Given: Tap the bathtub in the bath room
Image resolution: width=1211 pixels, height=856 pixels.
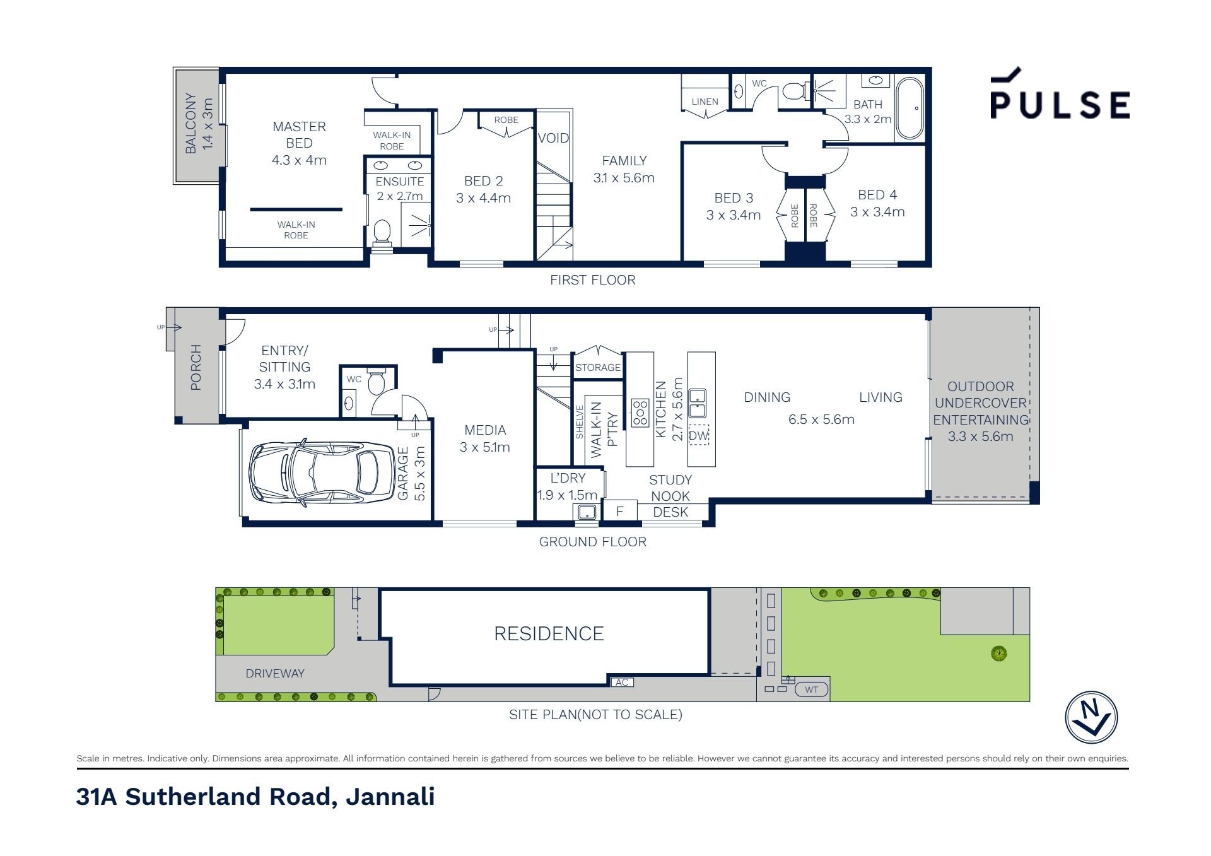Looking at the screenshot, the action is click(910, 108).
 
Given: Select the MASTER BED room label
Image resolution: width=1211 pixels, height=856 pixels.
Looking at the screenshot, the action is click(299, 135).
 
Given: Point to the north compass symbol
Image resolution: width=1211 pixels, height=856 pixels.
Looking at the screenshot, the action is click(1091, 717).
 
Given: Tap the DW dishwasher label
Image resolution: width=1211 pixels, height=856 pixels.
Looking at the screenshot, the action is click(698, 435).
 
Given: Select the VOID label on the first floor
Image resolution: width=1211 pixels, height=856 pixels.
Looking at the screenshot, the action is click(553, 138).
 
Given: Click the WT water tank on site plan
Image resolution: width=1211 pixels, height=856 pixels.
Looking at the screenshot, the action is click(812, 689).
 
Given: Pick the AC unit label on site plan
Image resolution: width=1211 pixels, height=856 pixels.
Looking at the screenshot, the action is click(622, 682).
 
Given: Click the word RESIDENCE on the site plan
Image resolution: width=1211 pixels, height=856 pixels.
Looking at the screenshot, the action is click(549, 633).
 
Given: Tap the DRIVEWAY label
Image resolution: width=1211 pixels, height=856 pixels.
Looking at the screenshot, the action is click(275, 673).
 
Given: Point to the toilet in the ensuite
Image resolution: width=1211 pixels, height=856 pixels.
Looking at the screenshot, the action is click(382, 233).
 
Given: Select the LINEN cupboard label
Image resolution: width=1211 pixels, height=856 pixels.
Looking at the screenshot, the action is click(705, 102).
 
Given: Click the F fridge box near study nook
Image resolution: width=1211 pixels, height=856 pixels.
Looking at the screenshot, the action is click(620, 510).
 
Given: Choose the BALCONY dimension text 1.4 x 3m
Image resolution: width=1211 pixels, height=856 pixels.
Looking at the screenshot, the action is click(208, 124).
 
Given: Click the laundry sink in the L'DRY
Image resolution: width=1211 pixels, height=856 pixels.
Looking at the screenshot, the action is click(587, 512).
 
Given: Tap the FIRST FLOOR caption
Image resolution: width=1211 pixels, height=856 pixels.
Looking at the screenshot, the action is click(592, 280).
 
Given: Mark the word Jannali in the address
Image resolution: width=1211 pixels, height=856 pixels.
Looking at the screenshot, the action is click(390, 797).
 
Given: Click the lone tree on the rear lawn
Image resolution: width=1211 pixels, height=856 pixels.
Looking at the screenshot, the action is click(998, 653).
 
